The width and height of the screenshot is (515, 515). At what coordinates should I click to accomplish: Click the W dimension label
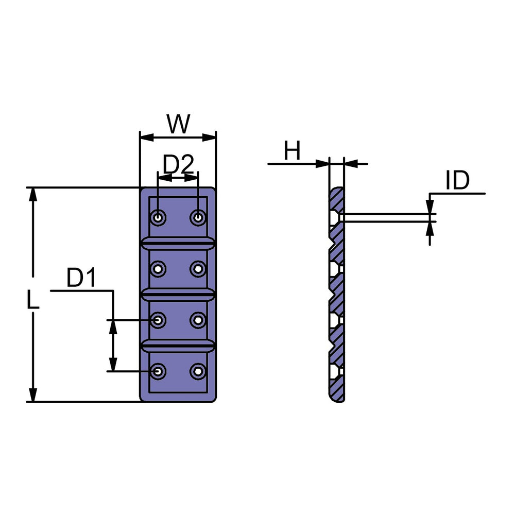pyautogui.click(x=178, y=124)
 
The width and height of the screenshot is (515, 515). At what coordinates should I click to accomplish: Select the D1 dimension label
pyautogui.click(x=81, y=278)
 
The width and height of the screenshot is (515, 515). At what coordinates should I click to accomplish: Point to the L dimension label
pyautogui.click(x=33, y=300)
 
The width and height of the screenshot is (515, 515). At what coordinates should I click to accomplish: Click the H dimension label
pyautogui.click(x=292, y=151)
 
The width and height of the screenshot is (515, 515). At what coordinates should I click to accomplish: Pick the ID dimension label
pyautogui.click(x=457, y=180)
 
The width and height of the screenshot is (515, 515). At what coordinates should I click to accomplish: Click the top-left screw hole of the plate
pyautogui.click(x=158, y=217)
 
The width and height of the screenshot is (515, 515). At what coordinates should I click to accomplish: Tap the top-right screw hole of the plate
pyautogui.click(x=198, y=217)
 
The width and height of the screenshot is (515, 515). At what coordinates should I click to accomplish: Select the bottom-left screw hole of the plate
pyautogui.click(x=158, y=371)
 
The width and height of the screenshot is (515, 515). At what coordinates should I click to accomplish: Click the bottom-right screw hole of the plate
pyautogui.click(x=198, y=371)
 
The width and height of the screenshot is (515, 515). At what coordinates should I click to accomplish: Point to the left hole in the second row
pyautogui.click(x=158, y=269)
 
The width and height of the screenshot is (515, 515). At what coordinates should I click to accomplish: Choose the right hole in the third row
pyautogui.click(x=198, y=320)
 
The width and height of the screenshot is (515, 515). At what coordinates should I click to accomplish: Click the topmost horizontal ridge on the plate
pyautogui.click(x=178, y=243)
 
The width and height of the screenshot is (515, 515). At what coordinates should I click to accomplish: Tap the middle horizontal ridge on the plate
pyautogui.click(x=178, y=294)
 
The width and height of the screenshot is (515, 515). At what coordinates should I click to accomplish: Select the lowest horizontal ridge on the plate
pyautogui.click(x=178, y=346)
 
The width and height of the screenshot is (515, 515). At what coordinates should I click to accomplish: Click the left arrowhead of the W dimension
pyautogui.click(x=147, y=138)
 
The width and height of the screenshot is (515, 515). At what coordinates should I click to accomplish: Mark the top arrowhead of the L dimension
pyautogui.click(x=33, y=195)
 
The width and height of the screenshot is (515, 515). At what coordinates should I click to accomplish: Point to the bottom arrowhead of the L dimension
pyautogui.click(x=33, y=395)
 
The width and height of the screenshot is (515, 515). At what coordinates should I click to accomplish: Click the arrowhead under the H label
pyautogui.click(x=322, y=164)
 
